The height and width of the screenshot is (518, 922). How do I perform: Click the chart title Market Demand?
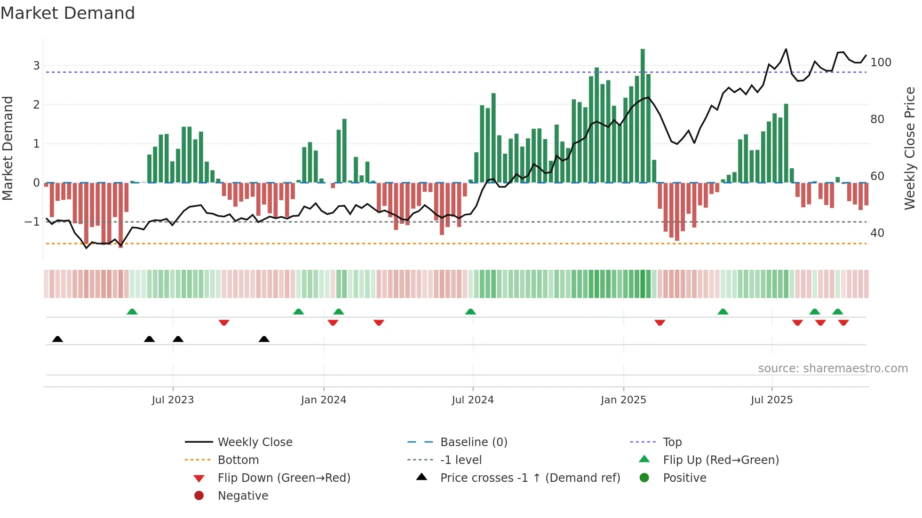[68, 13]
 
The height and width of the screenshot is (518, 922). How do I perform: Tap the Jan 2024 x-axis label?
[323, 400]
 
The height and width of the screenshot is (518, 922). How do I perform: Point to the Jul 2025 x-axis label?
[771, 400]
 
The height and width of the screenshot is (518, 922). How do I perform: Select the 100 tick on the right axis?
[881, 63]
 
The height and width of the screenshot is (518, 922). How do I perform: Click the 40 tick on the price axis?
[877, 233]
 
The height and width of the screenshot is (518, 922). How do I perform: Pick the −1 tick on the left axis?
[32, 221]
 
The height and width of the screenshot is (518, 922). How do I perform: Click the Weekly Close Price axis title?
[910, 148]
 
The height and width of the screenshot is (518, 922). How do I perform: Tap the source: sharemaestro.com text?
[833, 369]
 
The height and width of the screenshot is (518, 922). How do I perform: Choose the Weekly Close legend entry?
[254, 442]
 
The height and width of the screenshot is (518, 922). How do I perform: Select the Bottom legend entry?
[238, 460]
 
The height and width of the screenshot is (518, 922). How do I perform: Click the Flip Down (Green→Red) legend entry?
[284, 478]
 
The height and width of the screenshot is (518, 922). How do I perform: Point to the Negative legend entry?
[243, 496]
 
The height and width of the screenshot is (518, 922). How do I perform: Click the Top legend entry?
[672, 442]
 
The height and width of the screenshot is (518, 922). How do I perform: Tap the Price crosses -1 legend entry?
[530, 478]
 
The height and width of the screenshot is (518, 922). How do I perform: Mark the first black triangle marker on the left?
[57, 339]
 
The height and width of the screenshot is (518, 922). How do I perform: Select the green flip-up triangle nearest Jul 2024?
[470, 312]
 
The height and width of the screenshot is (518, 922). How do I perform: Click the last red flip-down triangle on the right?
[843, 322]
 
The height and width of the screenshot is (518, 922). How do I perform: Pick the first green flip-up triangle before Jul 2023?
[132, 312]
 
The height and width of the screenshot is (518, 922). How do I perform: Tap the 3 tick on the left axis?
[36, 65]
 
